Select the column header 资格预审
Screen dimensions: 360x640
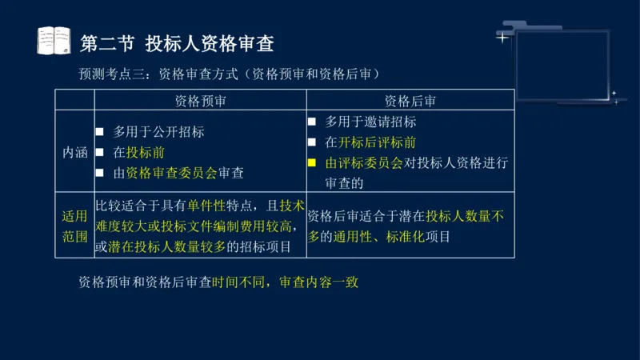[x=200, y=101]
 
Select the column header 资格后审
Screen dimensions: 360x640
[x=410, y=101]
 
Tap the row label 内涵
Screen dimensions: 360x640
[x=74, y=152]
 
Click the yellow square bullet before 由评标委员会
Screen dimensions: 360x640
[x=313, y=162]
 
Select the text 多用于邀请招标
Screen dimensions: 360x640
[x=370, y=122]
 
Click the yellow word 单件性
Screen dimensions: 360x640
[x=209, y=206]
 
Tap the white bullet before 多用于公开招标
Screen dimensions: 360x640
[x=100, y=132]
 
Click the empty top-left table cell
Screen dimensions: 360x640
[x=74, y=101]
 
